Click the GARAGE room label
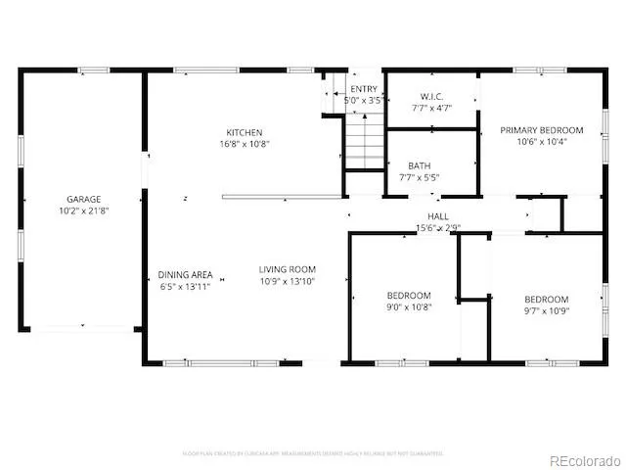click(83, 199)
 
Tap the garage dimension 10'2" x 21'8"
click(83, 210)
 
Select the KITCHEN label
click(245, 132)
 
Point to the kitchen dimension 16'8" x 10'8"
click(245, 143)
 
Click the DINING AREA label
click(186, 275)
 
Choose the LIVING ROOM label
click(288, 269)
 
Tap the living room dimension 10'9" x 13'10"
click(288, 281)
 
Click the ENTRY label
click(363, 89)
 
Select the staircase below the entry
click(364, 142)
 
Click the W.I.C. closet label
click(432, 96)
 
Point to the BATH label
click(420, 166)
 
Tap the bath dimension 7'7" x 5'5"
click(420, 178)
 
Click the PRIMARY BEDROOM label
click(542, 130)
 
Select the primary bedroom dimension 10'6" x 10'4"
click(542, 141)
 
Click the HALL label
click(437, 216)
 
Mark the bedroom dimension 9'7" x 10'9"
click(546, 311)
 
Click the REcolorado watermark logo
click(583, 459)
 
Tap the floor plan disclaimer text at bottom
click(313, 453)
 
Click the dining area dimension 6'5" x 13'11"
click(186, 286)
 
